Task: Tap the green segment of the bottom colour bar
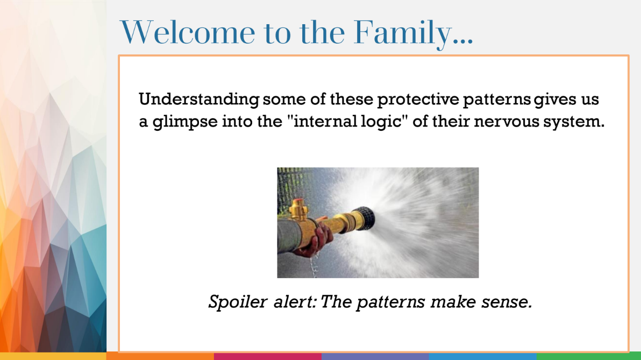588,356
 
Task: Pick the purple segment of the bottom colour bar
375,356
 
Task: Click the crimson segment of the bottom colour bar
267,356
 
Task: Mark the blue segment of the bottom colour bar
482,356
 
